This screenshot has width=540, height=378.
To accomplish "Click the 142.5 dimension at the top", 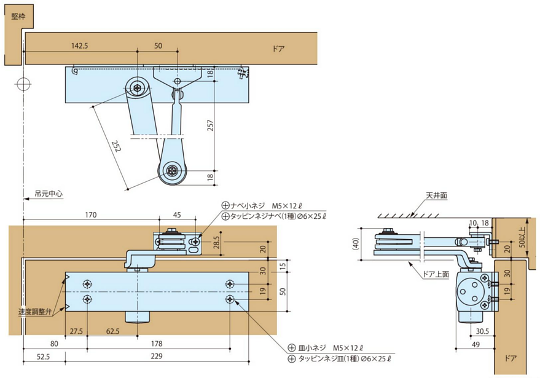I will [x=80, y=46].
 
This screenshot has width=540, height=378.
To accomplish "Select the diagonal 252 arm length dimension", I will [x=115, y=147].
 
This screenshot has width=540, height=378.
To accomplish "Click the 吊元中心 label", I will [x=48, y=194].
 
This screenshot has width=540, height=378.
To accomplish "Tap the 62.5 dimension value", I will [x=112, y=331].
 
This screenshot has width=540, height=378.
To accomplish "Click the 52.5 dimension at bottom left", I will [x=42, y=356].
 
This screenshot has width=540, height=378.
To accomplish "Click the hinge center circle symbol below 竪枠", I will [x=23, y=84].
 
